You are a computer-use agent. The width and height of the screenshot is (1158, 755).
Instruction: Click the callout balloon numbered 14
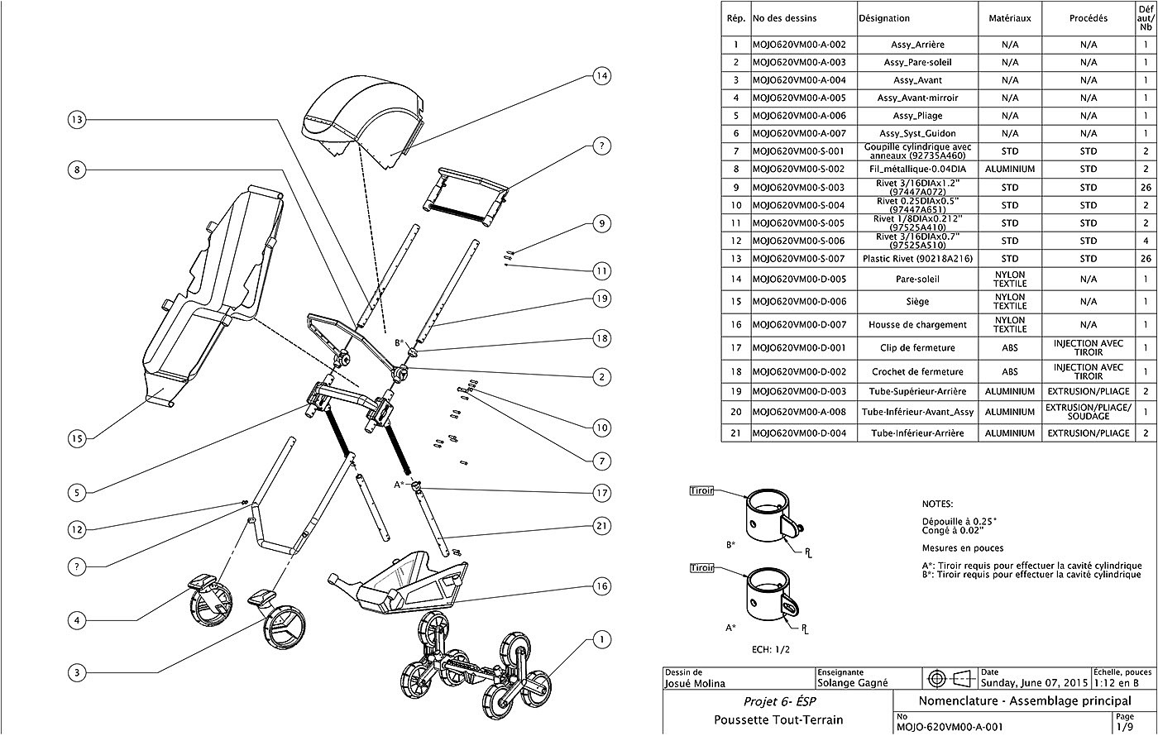coord(601,76)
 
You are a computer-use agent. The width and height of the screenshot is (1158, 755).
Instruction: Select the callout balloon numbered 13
coord(77,120)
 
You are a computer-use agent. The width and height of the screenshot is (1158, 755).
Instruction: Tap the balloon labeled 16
coord(601,586)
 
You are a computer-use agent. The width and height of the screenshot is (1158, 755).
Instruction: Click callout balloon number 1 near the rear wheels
coord(601,640)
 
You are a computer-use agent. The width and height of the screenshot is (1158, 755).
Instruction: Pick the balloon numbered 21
coord(601,526)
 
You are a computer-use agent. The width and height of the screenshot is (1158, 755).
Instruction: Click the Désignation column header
coord(884,18)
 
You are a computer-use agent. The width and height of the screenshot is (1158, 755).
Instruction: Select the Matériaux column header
coord(1010,18)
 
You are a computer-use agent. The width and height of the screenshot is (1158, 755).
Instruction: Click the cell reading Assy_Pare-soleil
coord(917,63)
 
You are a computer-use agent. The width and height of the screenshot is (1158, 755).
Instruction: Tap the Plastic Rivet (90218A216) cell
coord(917,258)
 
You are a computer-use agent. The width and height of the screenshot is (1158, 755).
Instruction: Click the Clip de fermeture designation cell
coord(917,348)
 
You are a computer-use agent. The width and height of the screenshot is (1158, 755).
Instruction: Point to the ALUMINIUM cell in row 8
coord(1010,169)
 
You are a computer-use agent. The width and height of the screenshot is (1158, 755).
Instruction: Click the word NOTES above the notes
coord(937,504)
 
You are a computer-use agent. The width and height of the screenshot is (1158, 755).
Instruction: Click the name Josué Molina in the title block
coord(695,683)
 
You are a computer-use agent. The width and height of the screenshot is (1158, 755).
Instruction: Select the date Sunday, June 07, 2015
coord(1035,683)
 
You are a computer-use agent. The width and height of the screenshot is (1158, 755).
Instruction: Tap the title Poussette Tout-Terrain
coord(778,720)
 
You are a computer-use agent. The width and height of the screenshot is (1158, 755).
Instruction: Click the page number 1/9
coord(1124,727)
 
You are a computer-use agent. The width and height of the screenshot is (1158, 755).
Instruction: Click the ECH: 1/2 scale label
coord(771,650)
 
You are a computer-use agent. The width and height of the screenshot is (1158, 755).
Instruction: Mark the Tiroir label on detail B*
coord(701,490)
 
